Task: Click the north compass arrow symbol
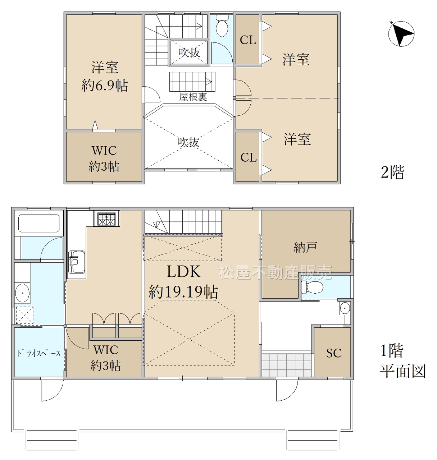click(x=401, y=34)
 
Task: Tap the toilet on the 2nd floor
click(x=222, y=26)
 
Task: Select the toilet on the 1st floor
click(x=312, y=287)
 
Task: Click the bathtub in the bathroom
click(x=39, y=223)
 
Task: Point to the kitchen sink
click(x=77, y=262)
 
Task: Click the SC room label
click(x=334, y=353)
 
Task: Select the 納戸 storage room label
click(x=305, y=247)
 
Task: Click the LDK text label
click(x=183, y=271)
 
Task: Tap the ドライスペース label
click(x=39, y=353)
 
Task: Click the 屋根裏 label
click(x=193, y=97)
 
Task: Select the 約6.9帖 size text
click(x=105, y=86)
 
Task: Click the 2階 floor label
click(x=392, y=172)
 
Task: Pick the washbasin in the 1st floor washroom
click(x=22, y=293)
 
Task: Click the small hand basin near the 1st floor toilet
click(x=345, y=308)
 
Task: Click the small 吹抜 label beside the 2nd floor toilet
click(x=189, y=52)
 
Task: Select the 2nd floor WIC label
click(x=104, y=151)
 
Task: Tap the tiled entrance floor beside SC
click(x=287, y=365)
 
